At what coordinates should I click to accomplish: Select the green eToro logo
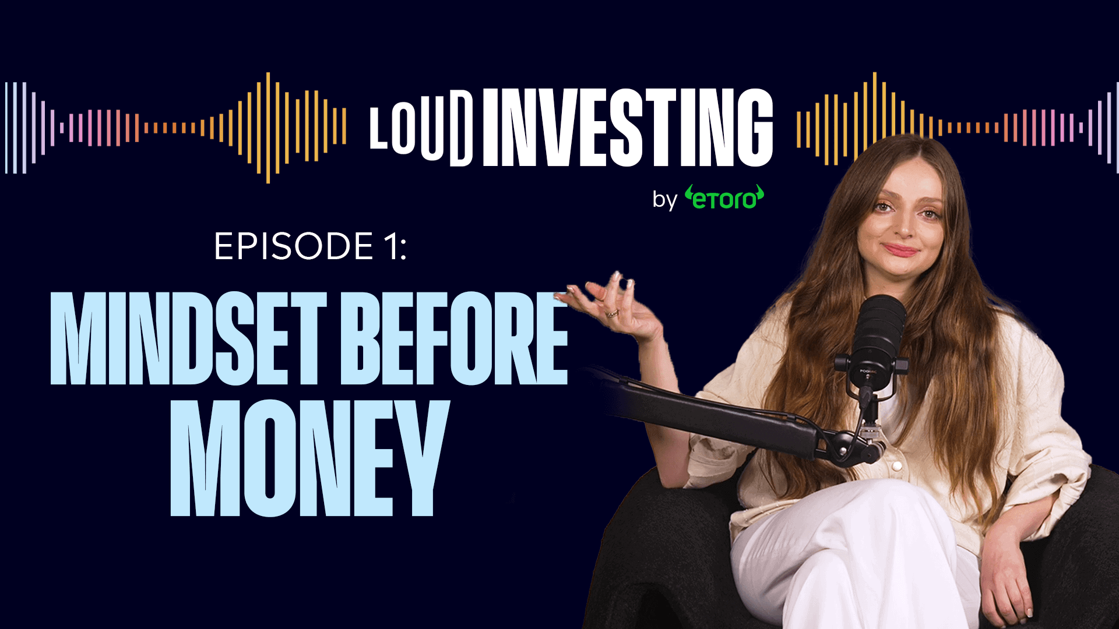724,198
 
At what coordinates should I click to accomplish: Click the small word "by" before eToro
664,200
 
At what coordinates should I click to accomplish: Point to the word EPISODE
294,246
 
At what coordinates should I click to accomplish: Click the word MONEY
309,459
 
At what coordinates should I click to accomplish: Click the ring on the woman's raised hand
612,314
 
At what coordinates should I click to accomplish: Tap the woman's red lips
900,250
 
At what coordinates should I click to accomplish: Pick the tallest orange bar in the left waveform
268,128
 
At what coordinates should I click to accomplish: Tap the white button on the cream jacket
896,467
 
